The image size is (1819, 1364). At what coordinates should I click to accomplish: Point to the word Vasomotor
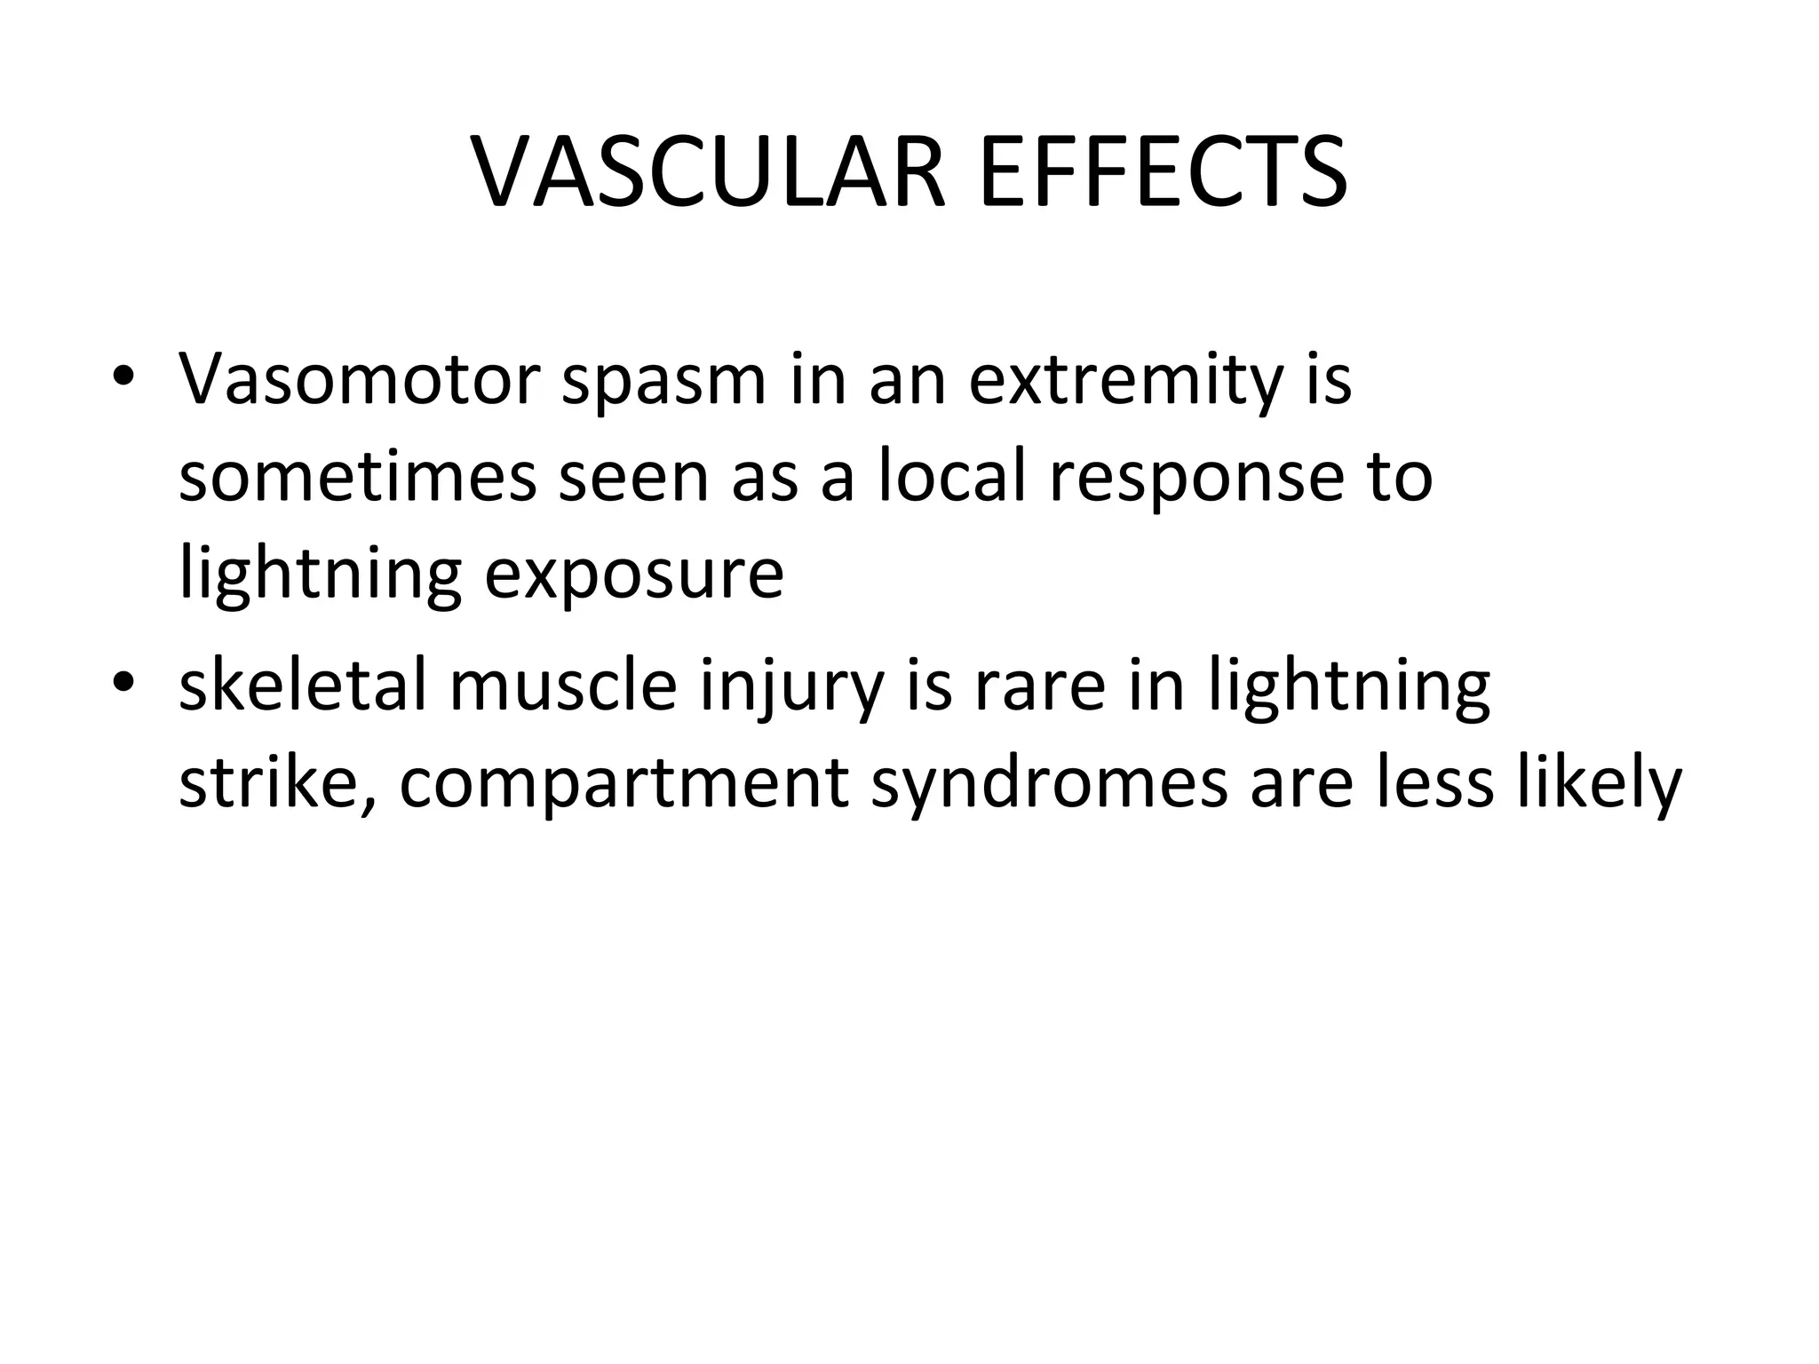point(359,380)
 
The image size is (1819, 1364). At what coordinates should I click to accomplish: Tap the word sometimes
point(357,477)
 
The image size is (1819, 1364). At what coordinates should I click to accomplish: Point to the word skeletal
point(302,686)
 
